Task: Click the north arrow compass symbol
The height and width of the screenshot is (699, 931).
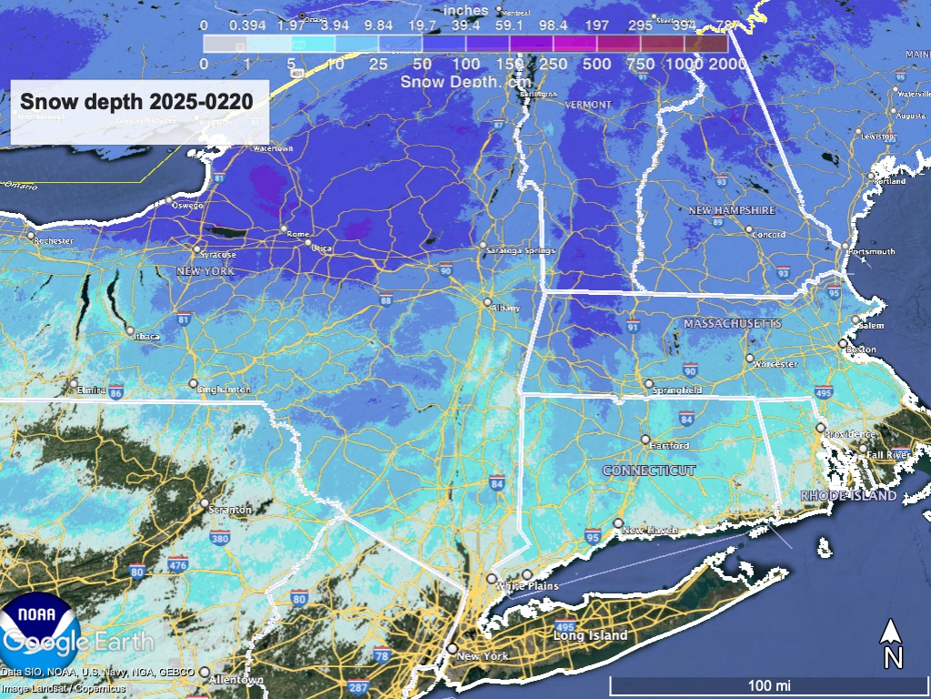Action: (893, 643)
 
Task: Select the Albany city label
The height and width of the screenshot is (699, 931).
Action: (506, 309)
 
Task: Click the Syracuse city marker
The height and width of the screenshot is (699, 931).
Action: (196, 248)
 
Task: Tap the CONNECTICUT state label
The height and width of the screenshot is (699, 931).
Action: (649, 471)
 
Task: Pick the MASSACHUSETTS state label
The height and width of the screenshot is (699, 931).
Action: (732, 324)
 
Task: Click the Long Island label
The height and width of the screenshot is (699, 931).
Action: (591, 635)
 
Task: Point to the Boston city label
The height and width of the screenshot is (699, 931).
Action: (861, 349)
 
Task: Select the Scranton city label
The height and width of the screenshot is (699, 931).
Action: (231, 511)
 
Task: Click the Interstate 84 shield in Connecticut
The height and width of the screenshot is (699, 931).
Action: (686, 418)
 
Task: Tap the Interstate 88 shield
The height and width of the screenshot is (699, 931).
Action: (386, 300)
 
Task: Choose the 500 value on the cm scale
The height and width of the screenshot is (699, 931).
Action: (596, 64)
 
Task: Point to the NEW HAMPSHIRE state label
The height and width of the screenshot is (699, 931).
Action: (731, 210)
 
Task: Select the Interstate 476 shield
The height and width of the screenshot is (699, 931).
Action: (178, 565)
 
